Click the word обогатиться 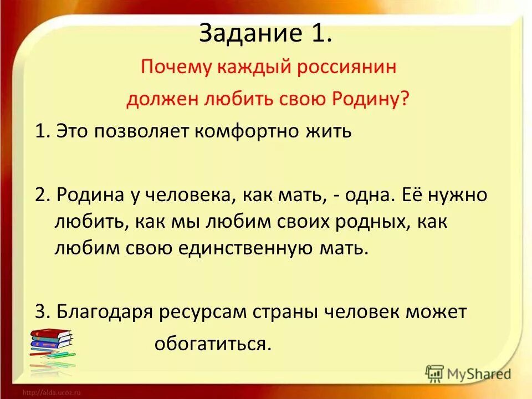click(x=213, y=344)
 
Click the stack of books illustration click(x=52, y=346)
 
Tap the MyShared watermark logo click(x=469, y=374)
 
